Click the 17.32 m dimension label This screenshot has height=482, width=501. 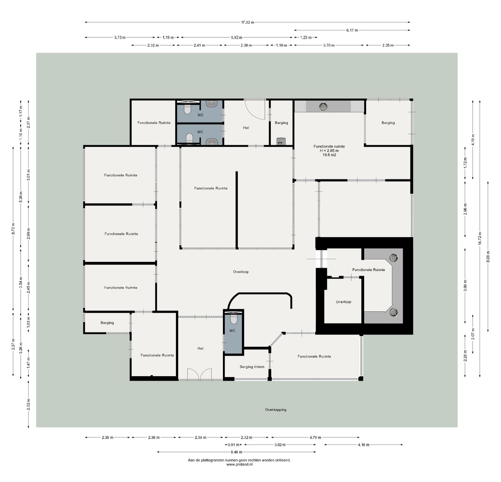[247, 22]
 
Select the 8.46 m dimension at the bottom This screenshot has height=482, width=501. [236, 452]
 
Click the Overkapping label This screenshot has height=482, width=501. [276, 410]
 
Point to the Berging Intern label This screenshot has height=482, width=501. [252, 367]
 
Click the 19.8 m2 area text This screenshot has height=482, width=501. [329, 155]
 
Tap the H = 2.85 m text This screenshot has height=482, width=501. [329, 150]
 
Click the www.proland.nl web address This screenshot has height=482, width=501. [239, 464]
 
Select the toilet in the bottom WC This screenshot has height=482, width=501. [234, 319]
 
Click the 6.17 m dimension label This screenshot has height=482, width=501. [352, 30]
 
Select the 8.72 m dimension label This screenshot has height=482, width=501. [13, 229]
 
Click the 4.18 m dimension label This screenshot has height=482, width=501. [363, 445]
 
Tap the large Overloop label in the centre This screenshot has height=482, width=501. [241, 272]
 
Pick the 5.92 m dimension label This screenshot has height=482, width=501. [237, 38]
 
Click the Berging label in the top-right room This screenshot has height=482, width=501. [388, 123]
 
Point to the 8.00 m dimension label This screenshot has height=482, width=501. [488, 257]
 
